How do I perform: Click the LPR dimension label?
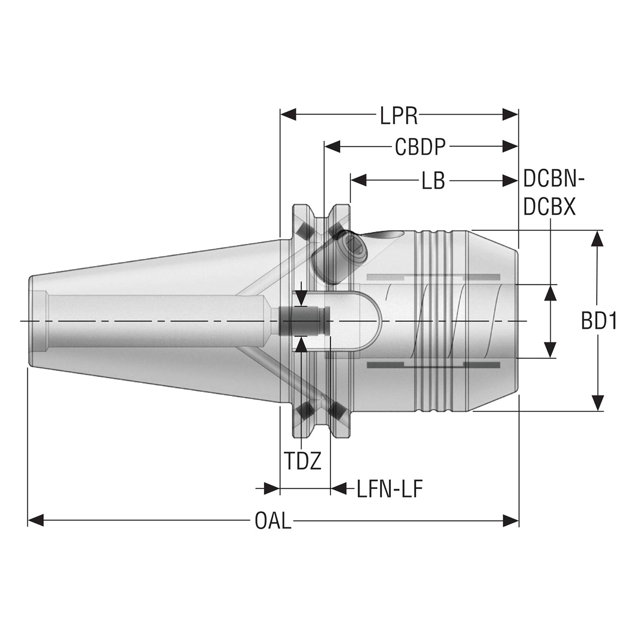click(399, 116)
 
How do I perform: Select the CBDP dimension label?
click(420, 147)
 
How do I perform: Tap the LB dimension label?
click(433, 181)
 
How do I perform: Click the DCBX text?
click(549, 207)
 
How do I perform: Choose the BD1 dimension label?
click(599, 321)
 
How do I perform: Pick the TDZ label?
click(303, 461)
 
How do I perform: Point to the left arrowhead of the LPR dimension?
click(288, 115)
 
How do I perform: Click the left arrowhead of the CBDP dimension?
click(332, 147)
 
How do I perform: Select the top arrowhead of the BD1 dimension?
click(597, 238)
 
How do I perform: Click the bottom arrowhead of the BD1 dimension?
click(597, 403)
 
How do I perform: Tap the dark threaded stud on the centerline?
click(304, 321)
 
